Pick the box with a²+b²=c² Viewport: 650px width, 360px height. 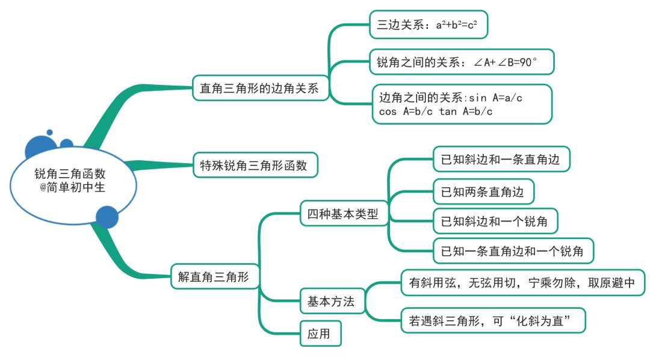pyautogui.click(x=427, y=26)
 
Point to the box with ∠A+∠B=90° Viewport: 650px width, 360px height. pyautogui.click(x=461, y=62)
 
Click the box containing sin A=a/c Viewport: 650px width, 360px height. pyautogui.click(x=462, y=104)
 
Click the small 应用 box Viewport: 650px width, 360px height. pyautogui.click(x=321, y=334)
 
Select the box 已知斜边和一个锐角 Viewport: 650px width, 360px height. pyautogui.click(x=495, y=221)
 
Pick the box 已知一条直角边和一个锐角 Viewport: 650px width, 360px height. pyautogui.click(x=513, y=251)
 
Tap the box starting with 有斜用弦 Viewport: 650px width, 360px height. pyautogui.click(x=522, y=282)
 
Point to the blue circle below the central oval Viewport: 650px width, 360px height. pyautogui.click(x=107, y=217)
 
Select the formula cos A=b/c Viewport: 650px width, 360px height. pyautogui.click(x=405, y=112)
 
